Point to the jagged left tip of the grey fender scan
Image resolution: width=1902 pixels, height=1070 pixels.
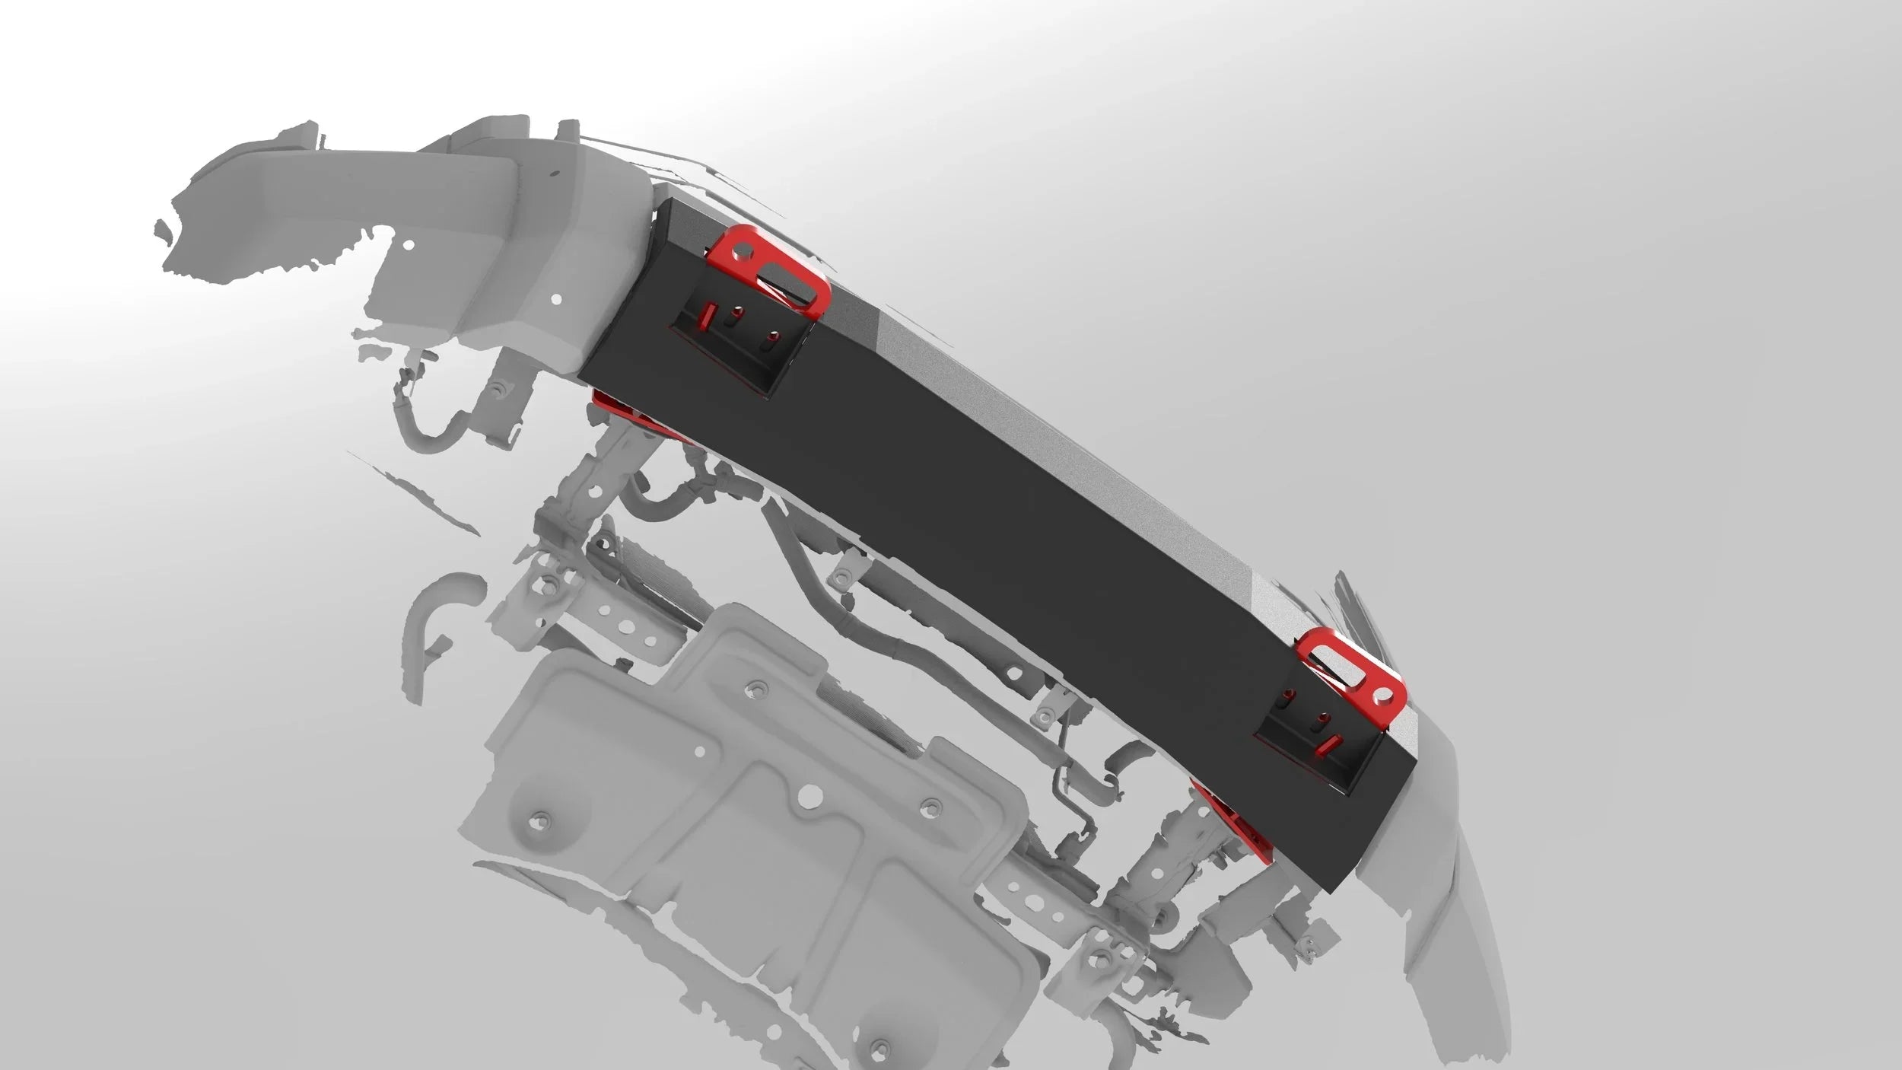pos(160,226)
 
